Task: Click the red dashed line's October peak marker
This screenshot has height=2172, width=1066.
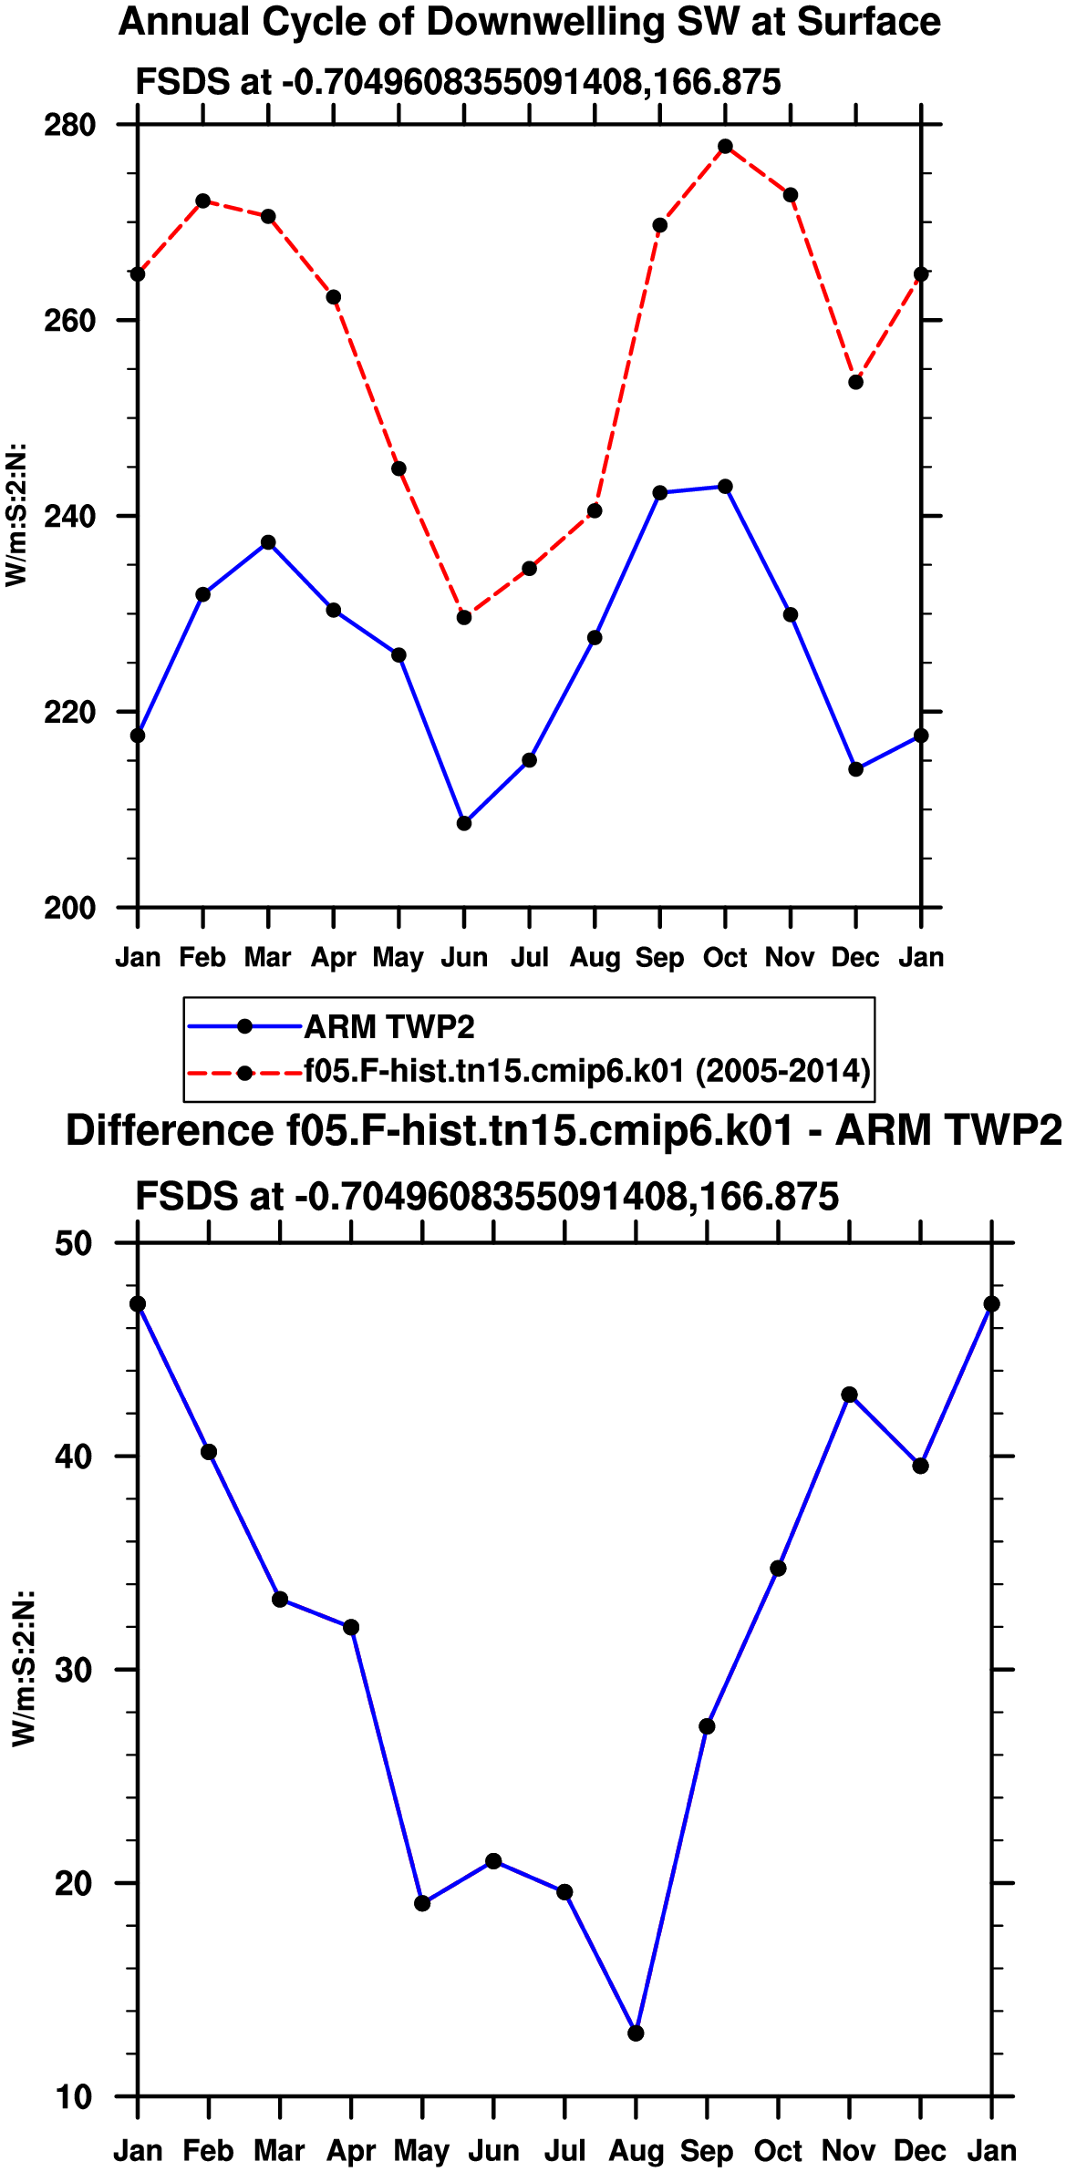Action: coord(725,147)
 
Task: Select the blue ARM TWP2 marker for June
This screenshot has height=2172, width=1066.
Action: coord(464,823)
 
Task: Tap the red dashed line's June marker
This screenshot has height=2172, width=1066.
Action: coord(464,617)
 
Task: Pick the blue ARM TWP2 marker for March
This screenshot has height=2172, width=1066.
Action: coord(268,542)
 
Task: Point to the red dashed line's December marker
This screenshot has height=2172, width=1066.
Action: coord(855,382)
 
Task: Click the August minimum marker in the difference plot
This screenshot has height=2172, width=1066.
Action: coord(636,2033)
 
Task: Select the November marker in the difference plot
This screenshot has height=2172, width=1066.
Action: coord(850,1395)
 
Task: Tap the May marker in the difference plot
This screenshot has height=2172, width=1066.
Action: coord(422,1903)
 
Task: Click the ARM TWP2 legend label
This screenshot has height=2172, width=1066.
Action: coord(389,1027)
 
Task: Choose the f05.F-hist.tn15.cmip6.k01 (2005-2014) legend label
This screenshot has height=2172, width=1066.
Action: coord(587,1069)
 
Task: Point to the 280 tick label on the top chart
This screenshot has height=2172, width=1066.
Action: coord(69,125)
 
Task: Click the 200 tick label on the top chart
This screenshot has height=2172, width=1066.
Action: coord(69,908)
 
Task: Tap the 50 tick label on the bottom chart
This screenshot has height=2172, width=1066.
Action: coord(74,1243)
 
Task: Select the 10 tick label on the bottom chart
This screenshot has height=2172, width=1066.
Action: coord(74,2097)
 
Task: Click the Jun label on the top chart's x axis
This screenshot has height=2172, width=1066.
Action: coord(464,957)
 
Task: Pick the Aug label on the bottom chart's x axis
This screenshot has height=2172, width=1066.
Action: coord(636,2151)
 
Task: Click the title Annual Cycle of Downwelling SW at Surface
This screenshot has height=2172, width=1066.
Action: coord(530,22)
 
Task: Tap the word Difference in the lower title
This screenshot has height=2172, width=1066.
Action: coord(170,1130)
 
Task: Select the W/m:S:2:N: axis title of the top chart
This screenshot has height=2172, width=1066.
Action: coord(16,515)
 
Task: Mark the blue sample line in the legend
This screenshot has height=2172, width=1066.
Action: coord(244,1027)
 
